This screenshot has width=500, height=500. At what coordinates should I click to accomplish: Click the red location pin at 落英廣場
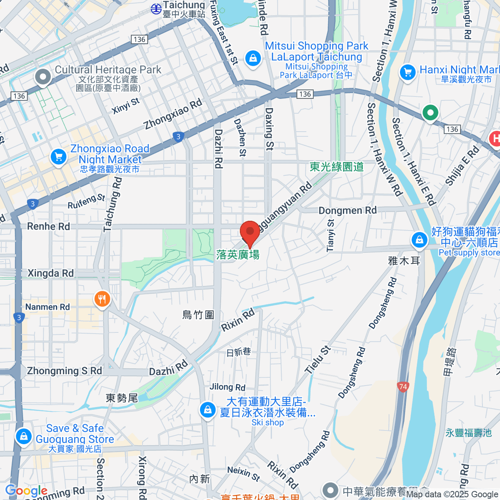250,232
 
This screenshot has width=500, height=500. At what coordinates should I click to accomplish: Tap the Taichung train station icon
156,8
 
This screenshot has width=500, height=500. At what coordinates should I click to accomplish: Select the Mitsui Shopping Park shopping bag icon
253,58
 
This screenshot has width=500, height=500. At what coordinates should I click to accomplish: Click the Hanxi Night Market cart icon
407,72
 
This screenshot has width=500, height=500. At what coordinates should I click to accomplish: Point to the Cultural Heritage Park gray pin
43,77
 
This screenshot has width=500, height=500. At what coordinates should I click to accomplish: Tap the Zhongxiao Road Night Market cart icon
58,157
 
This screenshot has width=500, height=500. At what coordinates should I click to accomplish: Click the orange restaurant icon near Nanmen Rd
102,299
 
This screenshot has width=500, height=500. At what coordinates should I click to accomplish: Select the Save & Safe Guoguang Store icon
24,436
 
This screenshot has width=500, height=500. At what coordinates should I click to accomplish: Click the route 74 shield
403,387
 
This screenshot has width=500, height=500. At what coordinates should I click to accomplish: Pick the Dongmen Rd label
347,210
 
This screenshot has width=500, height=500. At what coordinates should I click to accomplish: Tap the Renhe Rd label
48,226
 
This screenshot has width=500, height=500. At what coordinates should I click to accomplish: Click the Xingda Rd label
50,273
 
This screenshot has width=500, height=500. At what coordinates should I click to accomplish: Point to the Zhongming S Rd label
64,371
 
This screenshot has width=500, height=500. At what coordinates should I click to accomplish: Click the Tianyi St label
330,235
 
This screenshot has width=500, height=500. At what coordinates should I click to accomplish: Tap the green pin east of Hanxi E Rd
430,112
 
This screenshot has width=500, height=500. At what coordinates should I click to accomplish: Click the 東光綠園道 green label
337,167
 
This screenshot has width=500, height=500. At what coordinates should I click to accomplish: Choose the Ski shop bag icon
207,410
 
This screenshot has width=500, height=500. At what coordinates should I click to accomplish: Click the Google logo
26,490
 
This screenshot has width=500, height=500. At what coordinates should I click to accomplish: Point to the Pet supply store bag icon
419,240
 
